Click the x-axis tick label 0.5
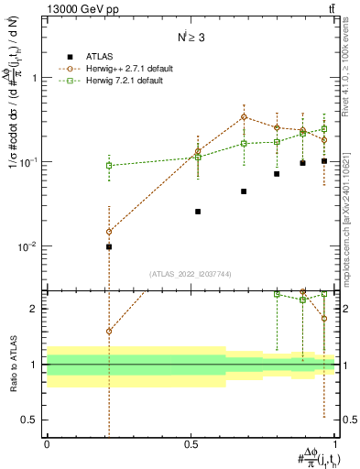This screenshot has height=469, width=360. pyautogui.click(x=191, y=444)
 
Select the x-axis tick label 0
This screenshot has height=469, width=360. pyautogui.click(x=47, y=444)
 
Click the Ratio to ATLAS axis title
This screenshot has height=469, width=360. pyautogui.click(x=14, y=365)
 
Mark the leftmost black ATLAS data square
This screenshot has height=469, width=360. pyautogui.click(x=109, y=246)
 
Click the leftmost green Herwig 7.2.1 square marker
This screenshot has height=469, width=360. pyautogui.click(x=109, y=166)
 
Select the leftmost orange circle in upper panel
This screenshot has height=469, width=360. pyautogui.click(x=109, y=232)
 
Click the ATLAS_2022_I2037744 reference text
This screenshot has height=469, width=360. pyautogui.click(x=191, y=274)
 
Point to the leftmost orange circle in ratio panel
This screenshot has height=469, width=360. pyautogui.click(x=109, y=332)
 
